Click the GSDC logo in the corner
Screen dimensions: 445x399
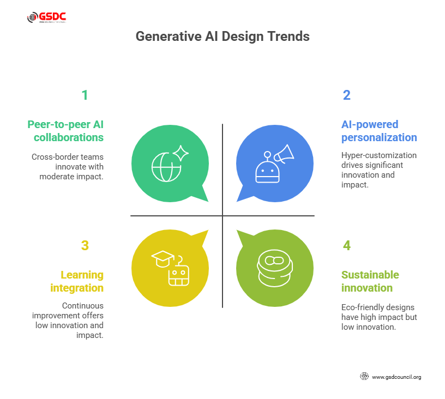[47, 17]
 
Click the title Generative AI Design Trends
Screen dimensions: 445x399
[222, 37]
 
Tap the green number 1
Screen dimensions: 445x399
[85, 95]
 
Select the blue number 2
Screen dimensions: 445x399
[346, 95]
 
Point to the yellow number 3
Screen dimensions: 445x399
[85, 245]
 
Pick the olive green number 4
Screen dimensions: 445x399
[346, 245]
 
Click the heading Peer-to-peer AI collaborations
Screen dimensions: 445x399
[65, 131]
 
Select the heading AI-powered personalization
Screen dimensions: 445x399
[379, 131]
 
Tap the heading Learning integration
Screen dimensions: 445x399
[77, 281]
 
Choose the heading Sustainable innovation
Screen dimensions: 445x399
[370, 281]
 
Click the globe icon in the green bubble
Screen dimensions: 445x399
[166, 167]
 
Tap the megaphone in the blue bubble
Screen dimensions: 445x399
[284, 154]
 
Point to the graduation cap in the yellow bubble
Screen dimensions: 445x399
[163, 258]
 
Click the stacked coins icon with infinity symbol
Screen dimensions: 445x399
[275, 268]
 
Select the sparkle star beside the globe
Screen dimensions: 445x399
[181, 153]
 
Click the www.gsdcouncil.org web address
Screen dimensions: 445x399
[396, 377]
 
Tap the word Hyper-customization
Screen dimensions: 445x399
[379, 155]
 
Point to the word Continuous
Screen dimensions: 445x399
[83, 306]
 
